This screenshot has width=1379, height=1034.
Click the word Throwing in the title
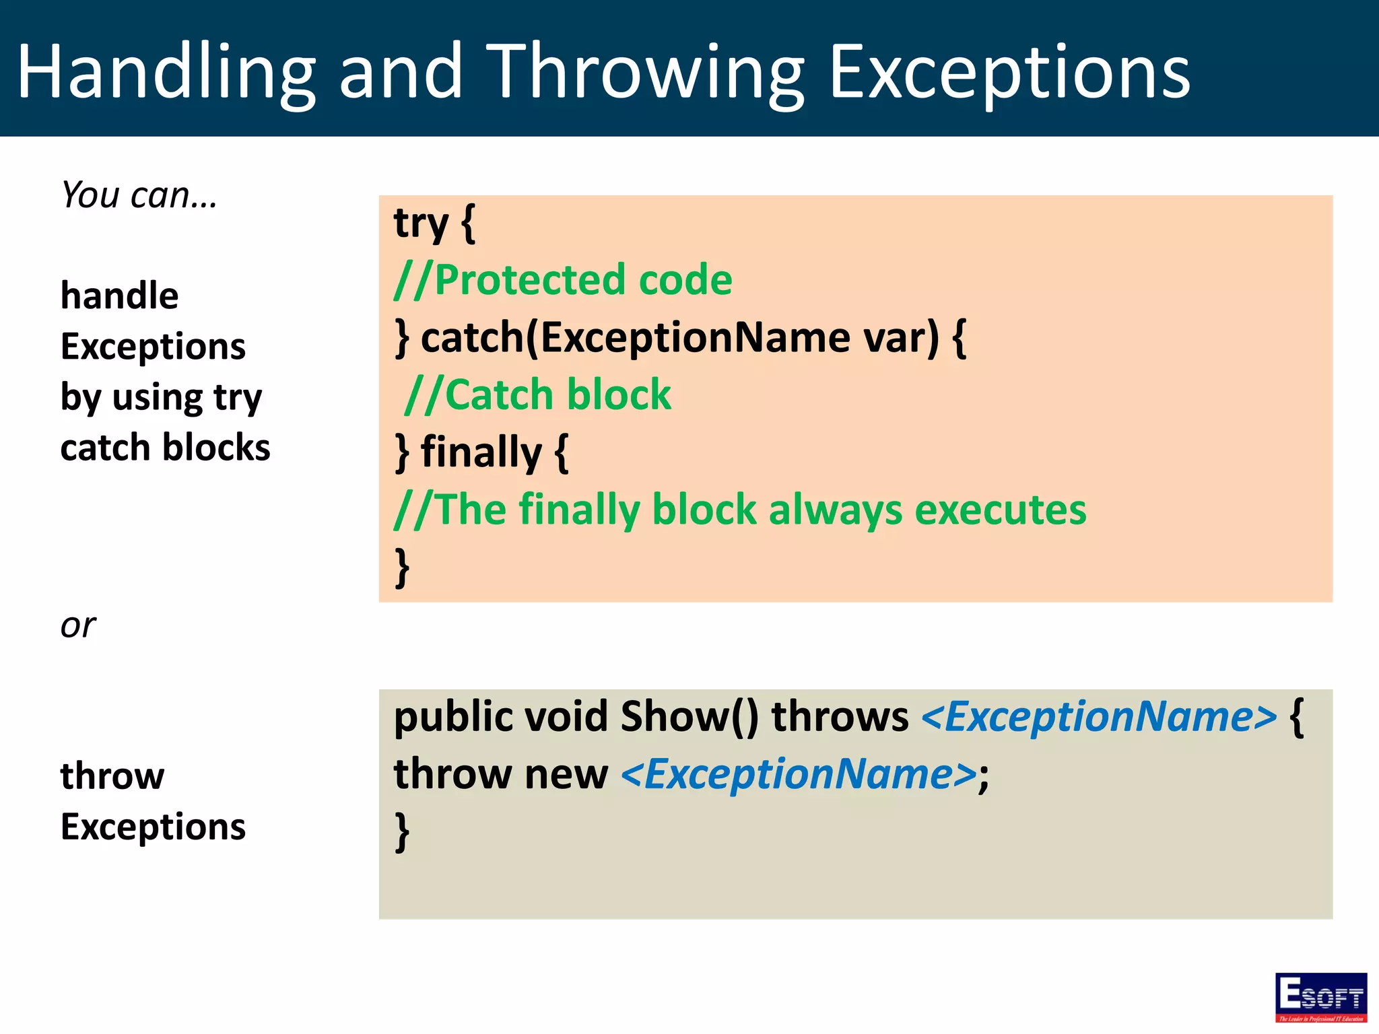645,73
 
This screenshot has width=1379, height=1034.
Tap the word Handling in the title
166,73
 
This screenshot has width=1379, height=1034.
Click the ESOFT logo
1320,997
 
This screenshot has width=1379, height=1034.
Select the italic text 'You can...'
139,195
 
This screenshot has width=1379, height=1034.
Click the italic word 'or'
78,625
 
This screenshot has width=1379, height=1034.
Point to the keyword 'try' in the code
421,223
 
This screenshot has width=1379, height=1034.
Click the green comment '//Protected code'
563,280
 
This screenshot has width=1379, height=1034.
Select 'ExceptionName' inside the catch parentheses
695,337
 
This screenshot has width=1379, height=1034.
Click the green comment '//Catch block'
538,394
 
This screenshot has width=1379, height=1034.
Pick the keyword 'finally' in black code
481,452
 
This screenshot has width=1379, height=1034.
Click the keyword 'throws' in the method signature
840,716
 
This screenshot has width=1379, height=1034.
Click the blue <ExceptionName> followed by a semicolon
799,774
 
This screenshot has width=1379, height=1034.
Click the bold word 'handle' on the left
119,296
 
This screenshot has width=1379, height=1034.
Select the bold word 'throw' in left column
112,776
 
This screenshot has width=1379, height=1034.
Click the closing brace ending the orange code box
402,567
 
